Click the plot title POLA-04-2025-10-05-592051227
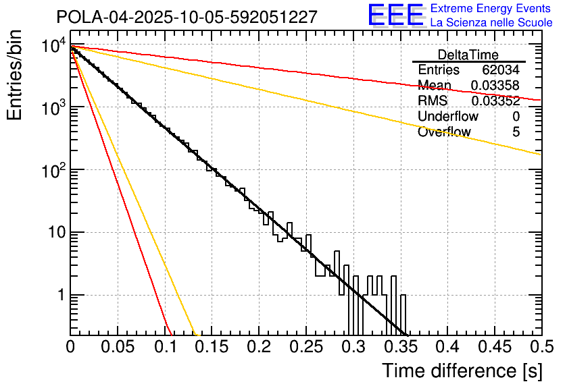187,17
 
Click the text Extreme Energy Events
491,9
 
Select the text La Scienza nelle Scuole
491,23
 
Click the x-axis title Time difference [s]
461,370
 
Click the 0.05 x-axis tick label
118,348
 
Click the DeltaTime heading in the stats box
468,55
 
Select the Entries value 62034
501,70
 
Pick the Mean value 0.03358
495,86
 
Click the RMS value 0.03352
495,101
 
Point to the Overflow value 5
516,132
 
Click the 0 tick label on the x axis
70,348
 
